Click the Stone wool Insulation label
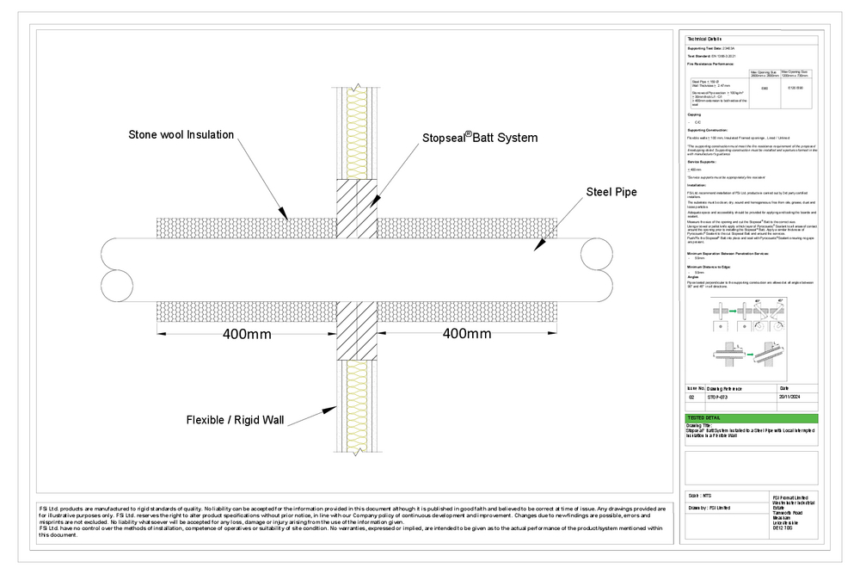point(181,134)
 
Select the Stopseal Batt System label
point(479,138)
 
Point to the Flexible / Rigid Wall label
point(235,421)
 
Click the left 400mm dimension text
point(248,334)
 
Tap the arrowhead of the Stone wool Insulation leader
point(286,216)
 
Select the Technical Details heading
point(703,40)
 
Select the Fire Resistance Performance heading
point(710,65)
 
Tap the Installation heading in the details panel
point(697,185)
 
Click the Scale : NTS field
point(701,496)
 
